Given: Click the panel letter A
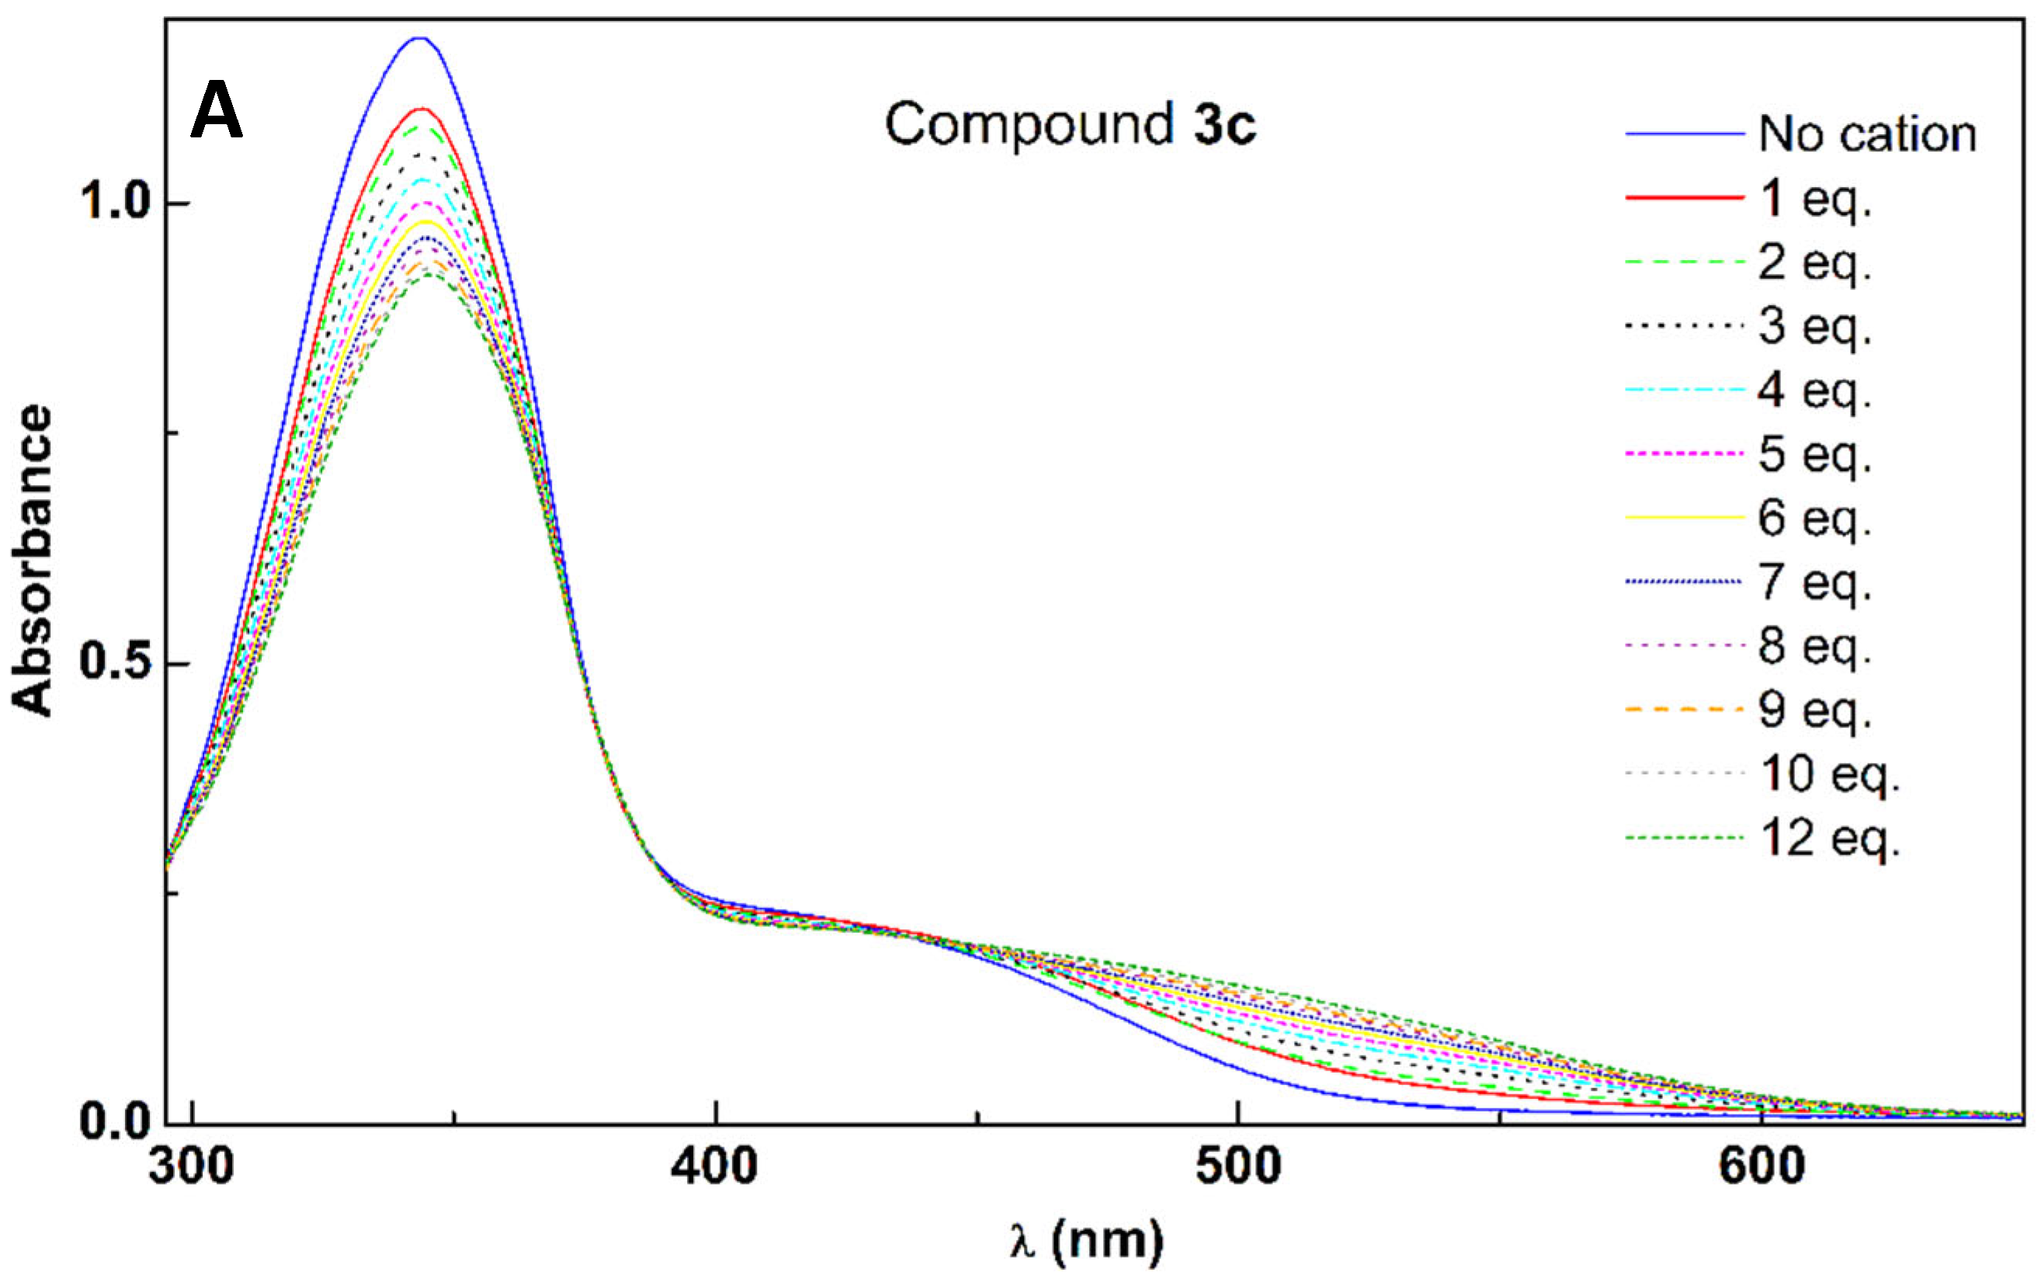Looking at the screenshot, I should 216,111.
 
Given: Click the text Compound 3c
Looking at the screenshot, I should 1070,124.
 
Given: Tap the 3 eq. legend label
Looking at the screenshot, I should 1814,326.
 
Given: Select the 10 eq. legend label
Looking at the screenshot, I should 1830,774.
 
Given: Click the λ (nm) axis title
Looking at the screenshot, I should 1086,1242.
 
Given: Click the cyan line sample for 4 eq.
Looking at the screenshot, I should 1684,390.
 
